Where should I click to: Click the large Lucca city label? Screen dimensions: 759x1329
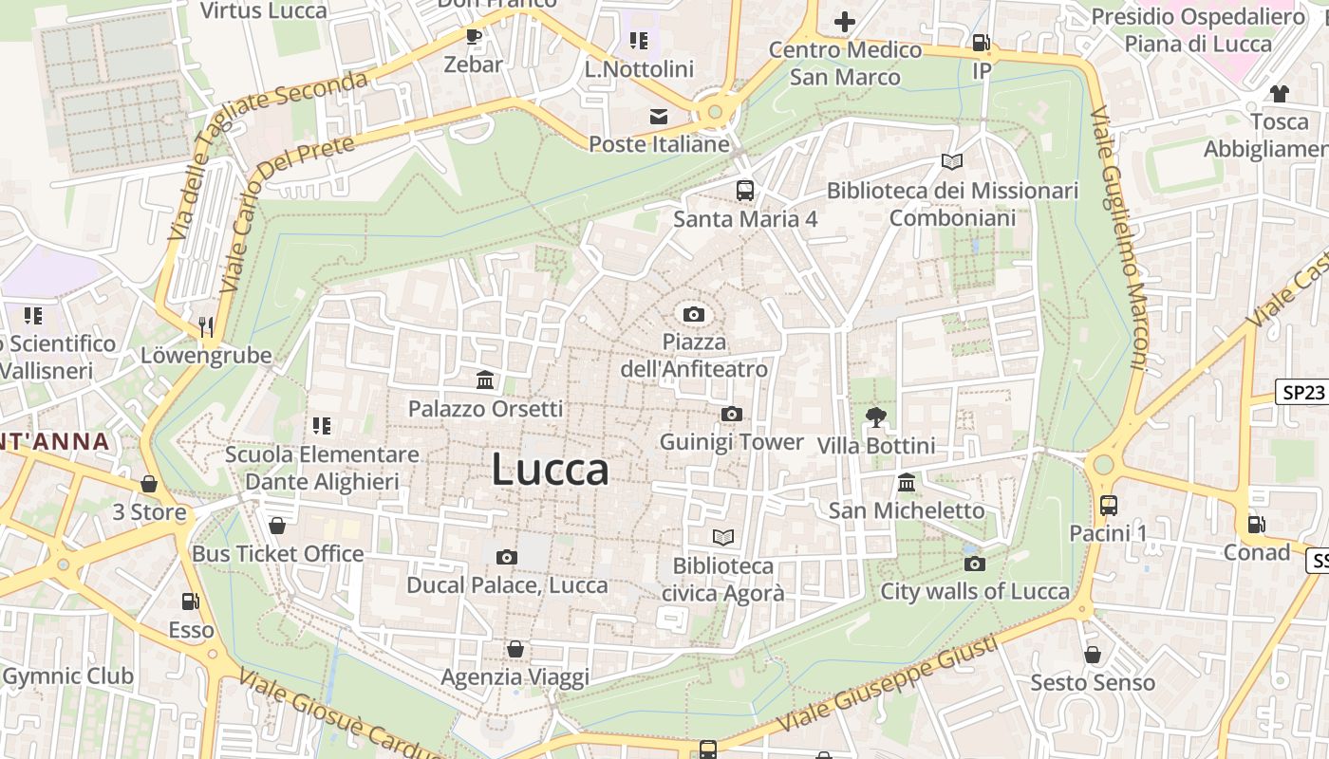[x=550, y=470]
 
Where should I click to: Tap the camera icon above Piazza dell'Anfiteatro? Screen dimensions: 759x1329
[x=694, y=314]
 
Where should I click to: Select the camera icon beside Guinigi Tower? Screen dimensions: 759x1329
[x=731, y=414]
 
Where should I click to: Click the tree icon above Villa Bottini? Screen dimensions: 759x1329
[x=875, y=417]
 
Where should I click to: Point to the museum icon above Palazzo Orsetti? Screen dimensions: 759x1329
[x=485, y=380]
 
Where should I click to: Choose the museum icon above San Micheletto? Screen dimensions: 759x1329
[x=907, y=483]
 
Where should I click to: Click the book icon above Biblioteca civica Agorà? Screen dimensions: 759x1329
[x=723, y=538]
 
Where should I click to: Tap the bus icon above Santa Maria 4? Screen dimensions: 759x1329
[x=745, y=190]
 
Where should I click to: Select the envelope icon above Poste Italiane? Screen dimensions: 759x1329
[x=658, y=117]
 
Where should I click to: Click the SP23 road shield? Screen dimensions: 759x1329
[x=1301, y=393]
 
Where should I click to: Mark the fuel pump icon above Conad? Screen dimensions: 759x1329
[x=1256, y=524]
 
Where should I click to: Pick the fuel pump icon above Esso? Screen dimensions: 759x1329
[x=191, y=601]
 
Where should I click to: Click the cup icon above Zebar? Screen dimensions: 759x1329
[x=474, y=37]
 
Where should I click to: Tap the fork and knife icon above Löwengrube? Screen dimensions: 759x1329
[x=206, y=327]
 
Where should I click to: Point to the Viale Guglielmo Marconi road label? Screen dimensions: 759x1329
[x=1119, y=237]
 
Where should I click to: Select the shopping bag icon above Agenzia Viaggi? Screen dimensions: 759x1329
[x=515, y=649]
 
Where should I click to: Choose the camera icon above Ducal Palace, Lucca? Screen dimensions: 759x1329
[x=507, y=557]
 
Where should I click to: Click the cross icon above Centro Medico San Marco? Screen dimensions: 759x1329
[x=844, y=21]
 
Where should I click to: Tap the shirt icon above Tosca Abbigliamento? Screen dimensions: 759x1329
[x=1279, y=94]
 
